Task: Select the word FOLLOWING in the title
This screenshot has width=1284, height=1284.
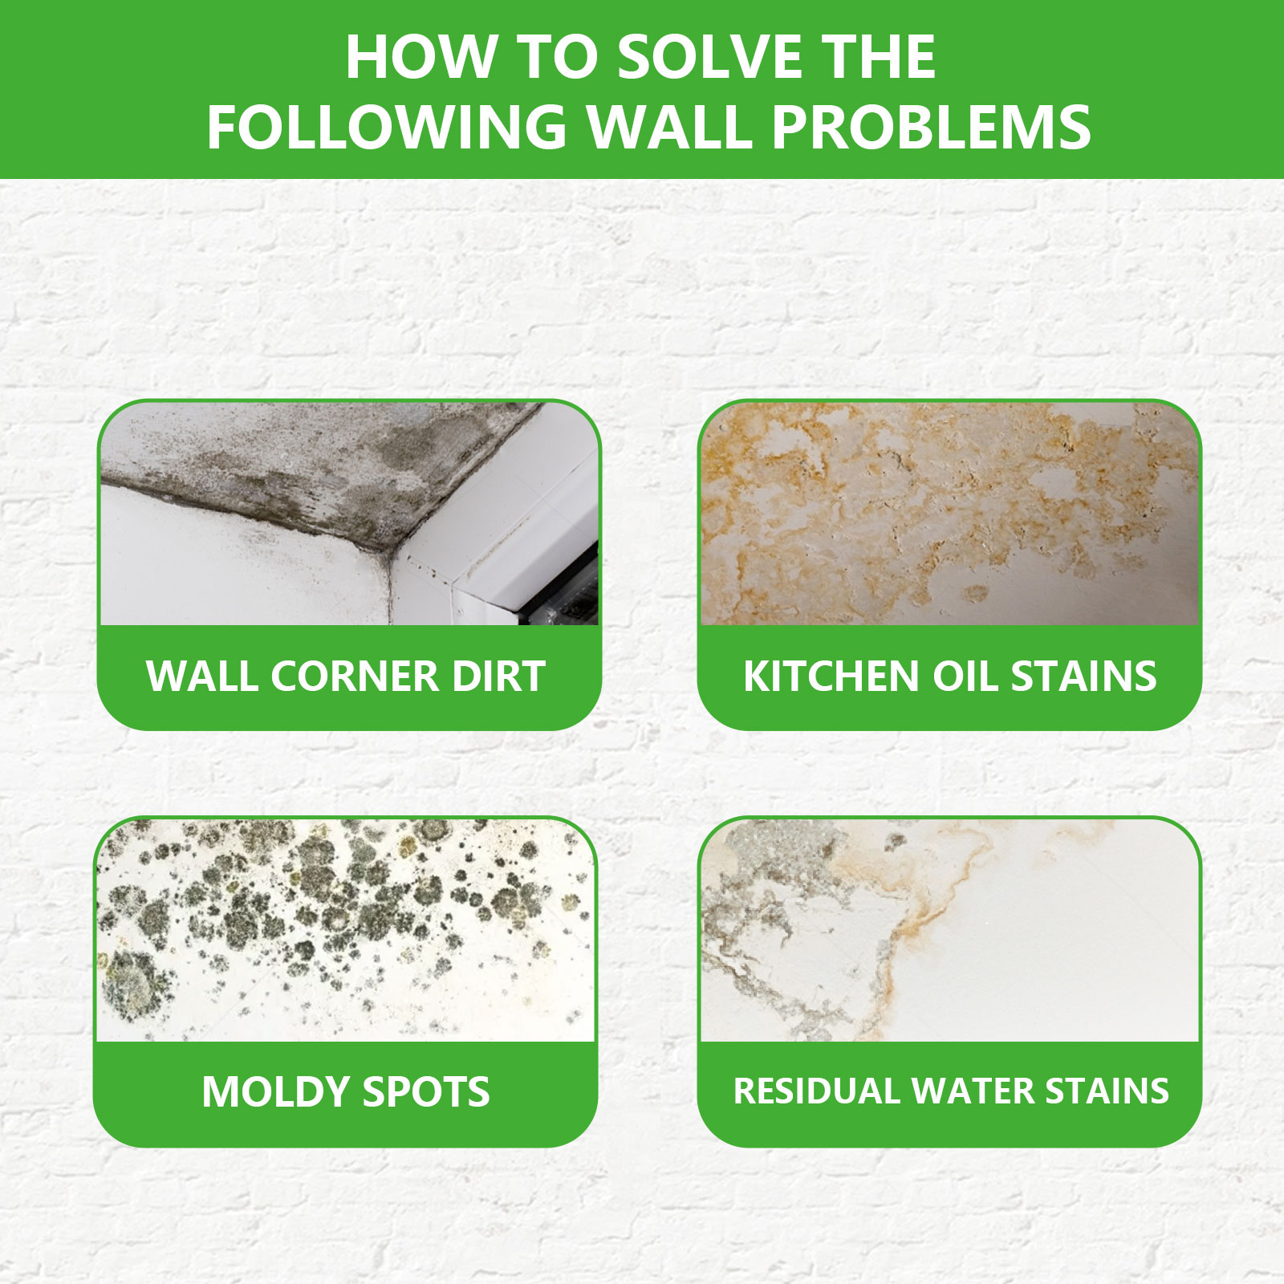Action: (x=387, y=127)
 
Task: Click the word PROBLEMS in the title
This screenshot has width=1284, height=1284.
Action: (x=931, y=127)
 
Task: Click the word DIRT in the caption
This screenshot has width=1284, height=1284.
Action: (x=498, y=676)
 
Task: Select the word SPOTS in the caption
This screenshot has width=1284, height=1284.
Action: (x=425, y=1092)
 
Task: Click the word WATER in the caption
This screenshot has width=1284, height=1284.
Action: (x=971, y=1091)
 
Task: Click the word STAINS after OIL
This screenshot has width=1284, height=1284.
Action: (x=1083, y=676)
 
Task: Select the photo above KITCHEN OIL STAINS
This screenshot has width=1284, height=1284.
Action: (x=949, y=513)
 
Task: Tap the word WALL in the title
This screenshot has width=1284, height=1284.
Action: (x=668, y=127)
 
